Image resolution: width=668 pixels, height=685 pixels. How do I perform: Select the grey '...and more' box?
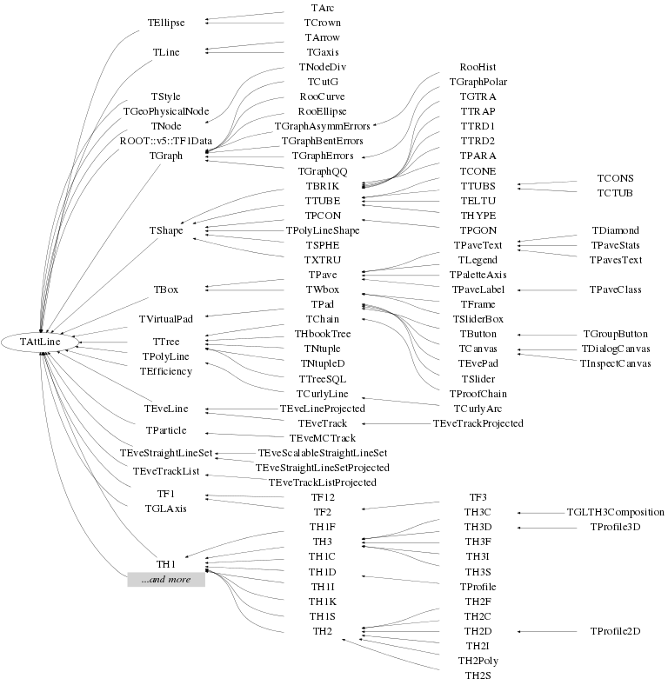165,580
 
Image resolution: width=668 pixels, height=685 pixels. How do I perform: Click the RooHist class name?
478,66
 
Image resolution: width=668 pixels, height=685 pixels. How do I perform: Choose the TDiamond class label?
615,230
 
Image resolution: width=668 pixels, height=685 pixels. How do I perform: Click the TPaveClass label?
615,289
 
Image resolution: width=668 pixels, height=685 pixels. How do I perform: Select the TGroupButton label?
615,334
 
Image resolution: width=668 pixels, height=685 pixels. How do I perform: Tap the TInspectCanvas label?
615,362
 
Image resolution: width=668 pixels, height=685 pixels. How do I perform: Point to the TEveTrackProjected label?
478,423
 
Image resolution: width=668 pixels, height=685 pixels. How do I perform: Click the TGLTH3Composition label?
615,512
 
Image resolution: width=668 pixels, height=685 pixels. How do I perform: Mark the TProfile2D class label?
615,630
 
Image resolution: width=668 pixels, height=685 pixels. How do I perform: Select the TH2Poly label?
478,661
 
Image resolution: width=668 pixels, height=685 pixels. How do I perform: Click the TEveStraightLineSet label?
165,454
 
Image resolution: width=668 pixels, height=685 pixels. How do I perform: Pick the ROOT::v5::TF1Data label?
165,141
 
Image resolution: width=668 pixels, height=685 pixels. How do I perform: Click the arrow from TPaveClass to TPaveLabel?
548,289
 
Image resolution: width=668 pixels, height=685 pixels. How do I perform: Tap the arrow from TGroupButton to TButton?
548,334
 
